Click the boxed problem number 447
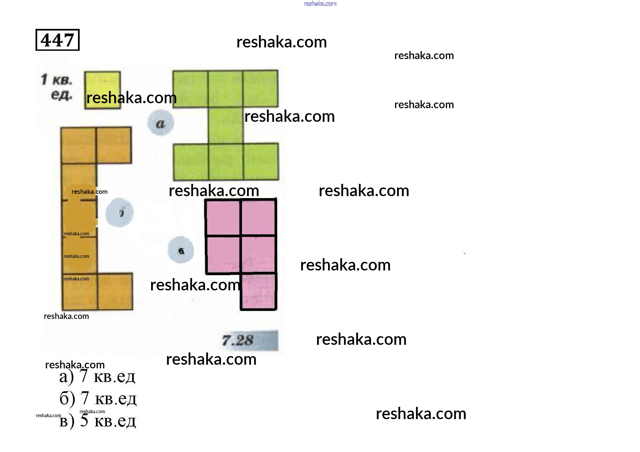57,40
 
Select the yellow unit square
102,90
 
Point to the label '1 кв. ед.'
57,87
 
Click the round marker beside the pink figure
181,250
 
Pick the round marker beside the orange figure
120,212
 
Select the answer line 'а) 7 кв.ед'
97,376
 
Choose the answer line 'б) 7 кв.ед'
98,398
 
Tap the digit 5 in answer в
84,420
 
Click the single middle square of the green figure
226,125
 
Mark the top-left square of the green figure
191,89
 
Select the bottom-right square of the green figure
261,162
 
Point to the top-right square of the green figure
260,89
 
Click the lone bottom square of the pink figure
259,291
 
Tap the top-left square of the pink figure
223,217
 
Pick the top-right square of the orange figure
114,145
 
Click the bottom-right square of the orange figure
115,292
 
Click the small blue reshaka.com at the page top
320,4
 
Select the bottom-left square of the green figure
191,162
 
